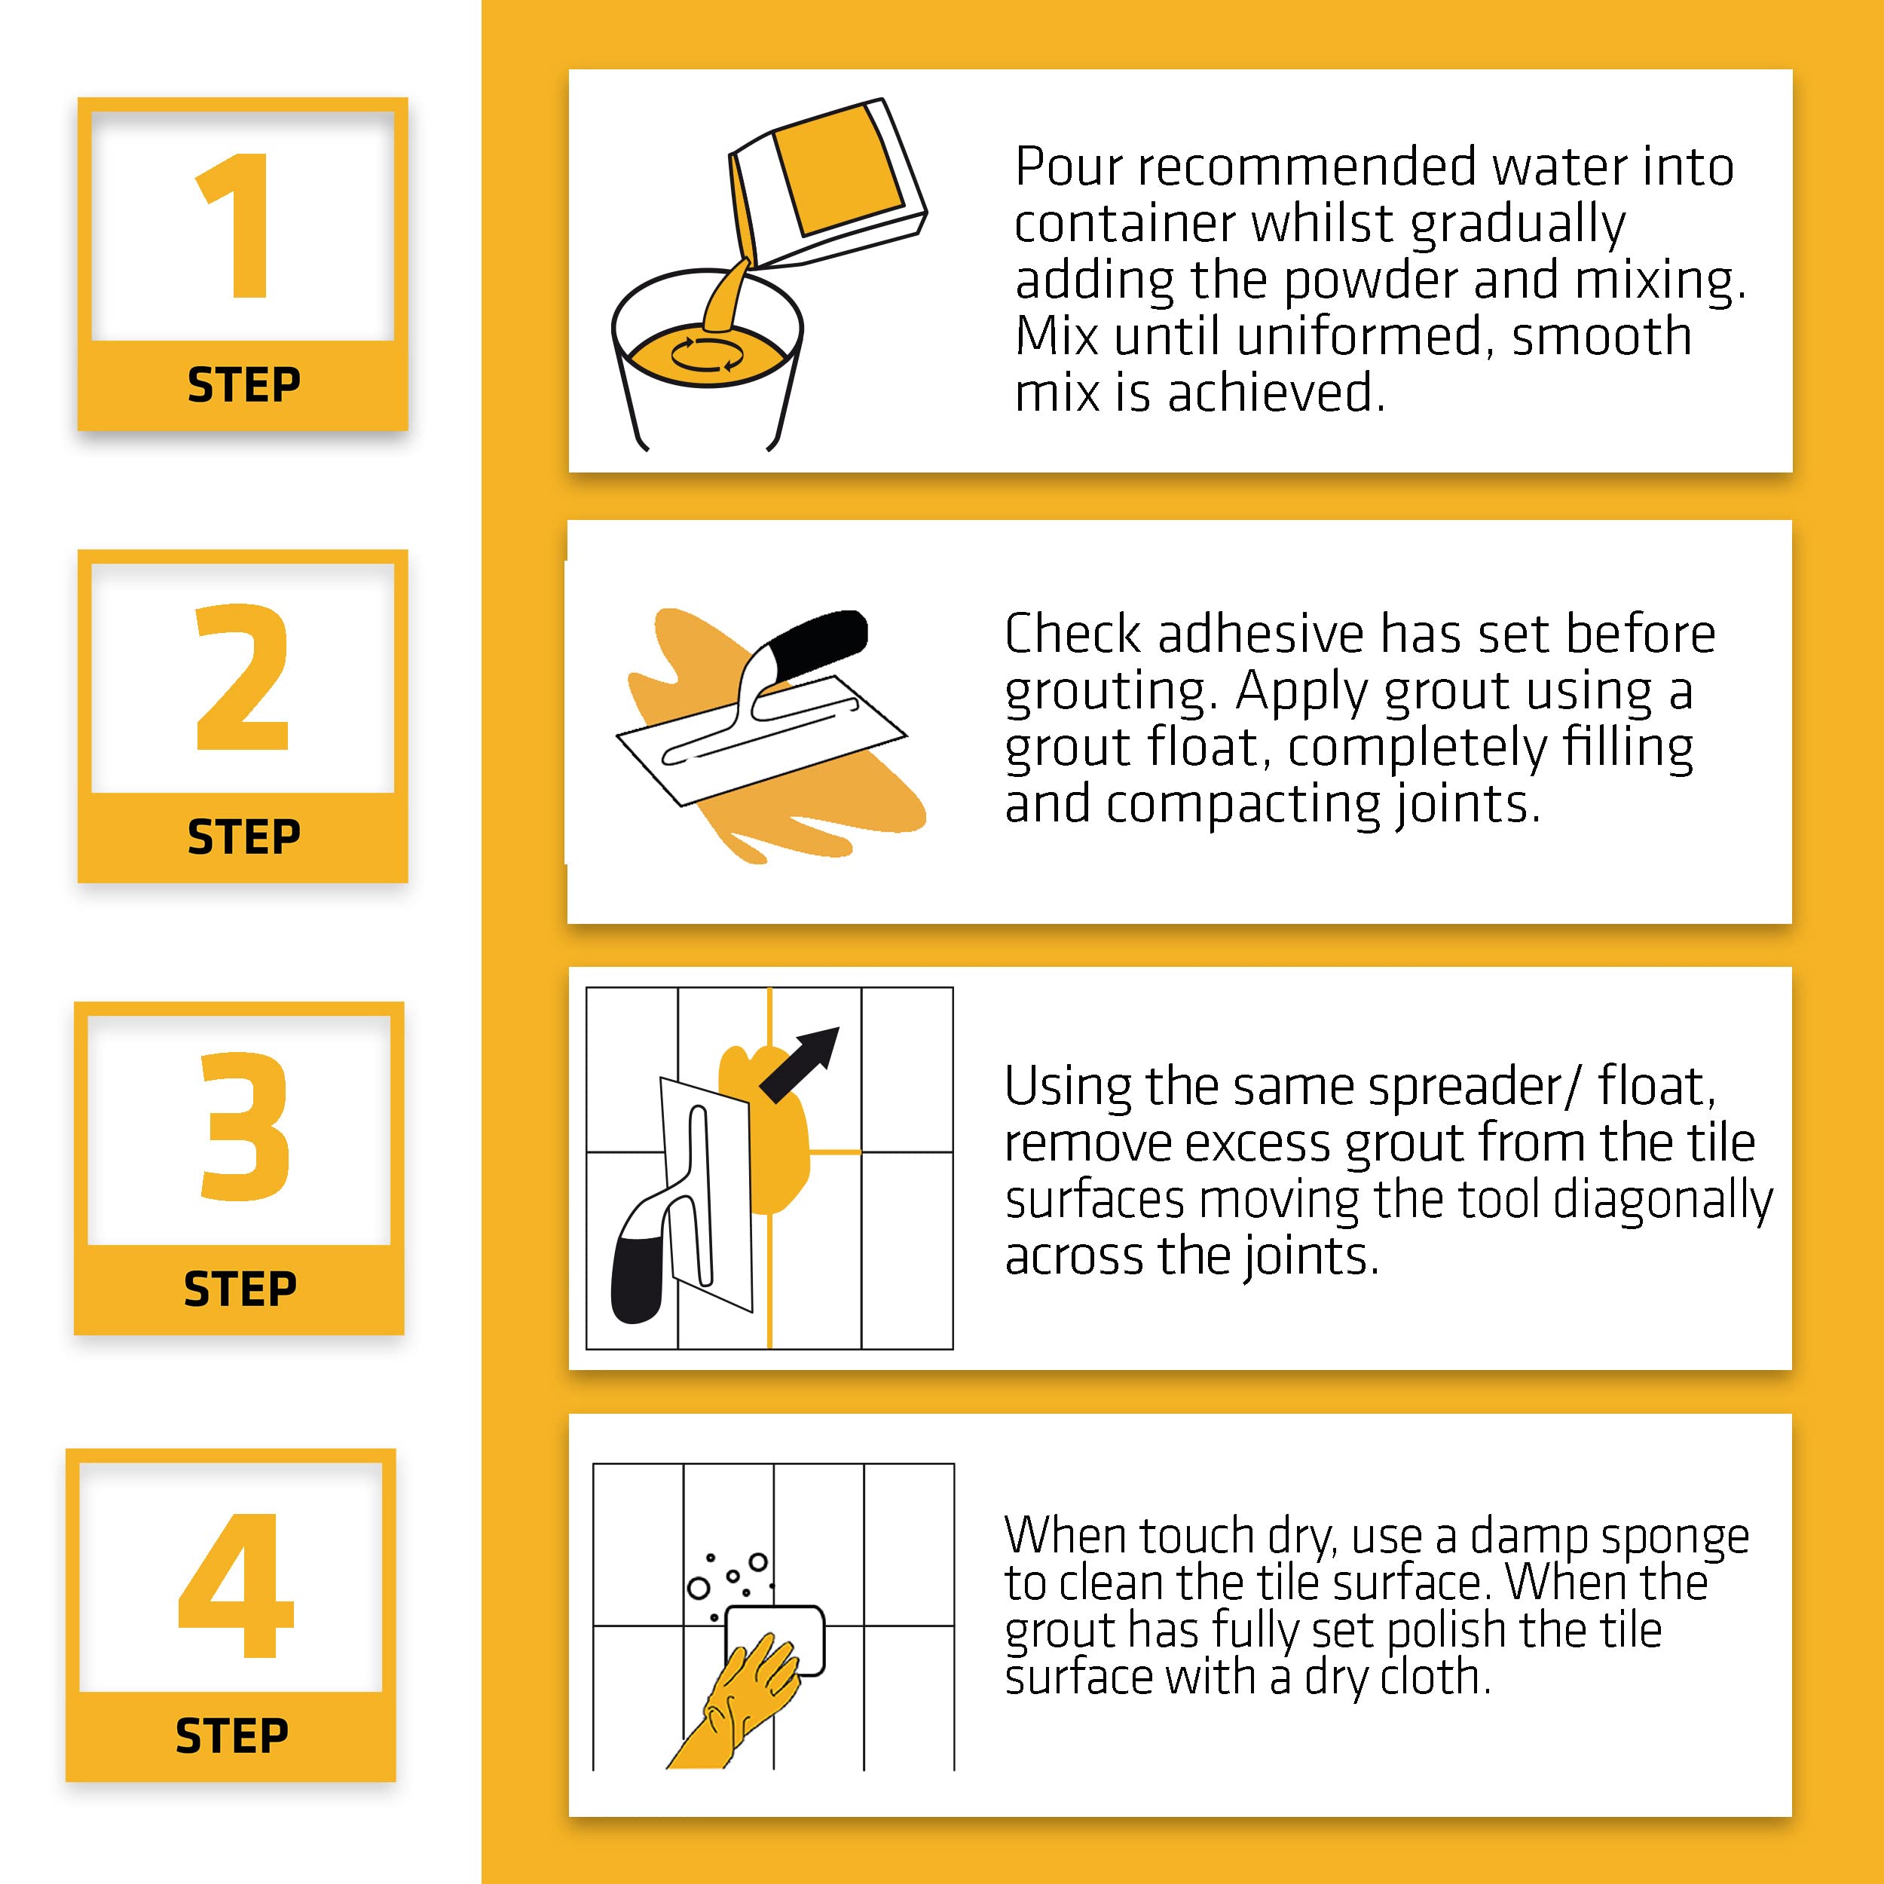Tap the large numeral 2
click(x=243, y=677)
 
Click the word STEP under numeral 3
click(x=240, y=1289)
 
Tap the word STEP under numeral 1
click(x=243, y=385)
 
